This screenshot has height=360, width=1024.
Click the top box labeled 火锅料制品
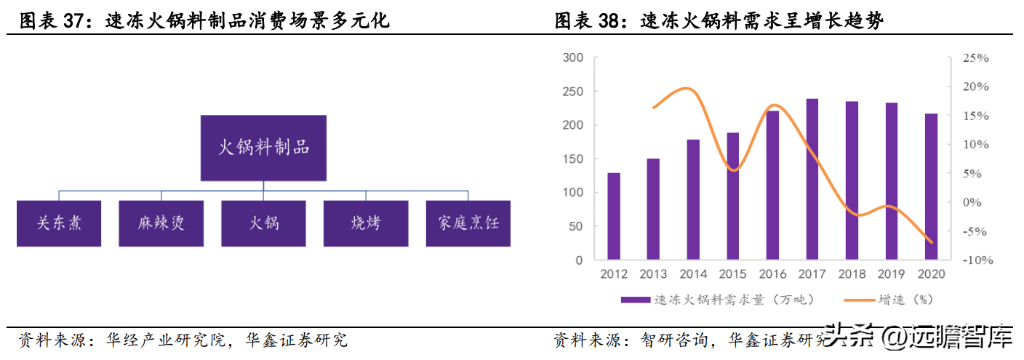[x=263, y=148]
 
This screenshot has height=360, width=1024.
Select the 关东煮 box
[x=59, y=222]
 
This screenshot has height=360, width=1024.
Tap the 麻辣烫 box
[x=161, y=222]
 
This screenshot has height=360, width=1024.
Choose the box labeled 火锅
[x=263, y=222]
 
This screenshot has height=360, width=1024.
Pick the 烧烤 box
[x=365, y=222]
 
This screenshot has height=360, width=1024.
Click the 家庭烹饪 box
[x=468, y=222]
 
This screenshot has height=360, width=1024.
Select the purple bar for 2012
[x=614, y=216]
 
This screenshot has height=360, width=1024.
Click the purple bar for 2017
[x=812, y=179]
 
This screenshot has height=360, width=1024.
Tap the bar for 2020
[x=931, y=186]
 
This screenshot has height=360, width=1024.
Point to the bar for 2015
[x=732, y=196]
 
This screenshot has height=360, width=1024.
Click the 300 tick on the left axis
[x=573, y=58]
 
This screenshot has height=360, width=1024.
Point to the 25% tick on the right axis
[x=975, y=58]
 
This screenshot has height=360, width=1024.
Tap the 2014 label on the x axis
[x=693, y=274]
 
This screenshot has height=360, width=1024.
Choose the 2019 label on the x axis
[x=891, y=274]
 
